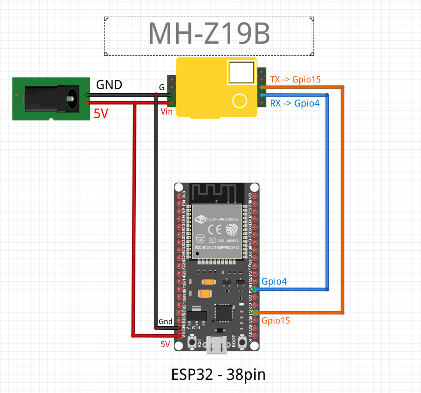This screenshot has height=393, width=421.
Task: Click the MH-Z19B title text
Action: [x=209, y=34]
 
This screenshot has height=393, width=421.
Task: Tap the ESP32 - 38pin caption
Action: [x=218, y=374]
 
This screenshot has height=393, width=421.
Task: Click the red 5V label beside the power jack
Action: [x=101, y=114]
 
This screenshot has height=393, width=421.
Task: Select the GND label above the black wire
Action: [x=108, y=84]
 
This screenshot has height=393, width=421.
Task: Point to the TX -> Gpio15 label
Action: [x=295, y=79]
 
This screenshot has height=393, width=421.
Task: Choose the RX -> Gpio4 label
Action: [x=295, y=103]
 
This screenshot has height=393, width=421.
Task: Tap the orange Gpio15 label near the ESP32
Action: [x=276, y=320]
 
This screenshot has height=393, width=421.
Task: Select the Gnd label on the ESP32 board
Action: [x=165, y=322]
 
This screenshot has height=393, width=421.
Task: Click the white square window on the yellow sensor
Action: [x=241, y=72]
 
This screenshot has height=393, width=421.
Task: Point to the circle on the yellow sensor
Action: [x=240, y=101]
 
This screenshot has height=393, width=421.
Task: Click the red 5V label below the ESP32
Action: [x=165, y=344]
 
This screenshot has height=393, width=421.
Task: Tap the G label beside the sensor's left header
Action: [x=162, y=87]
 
